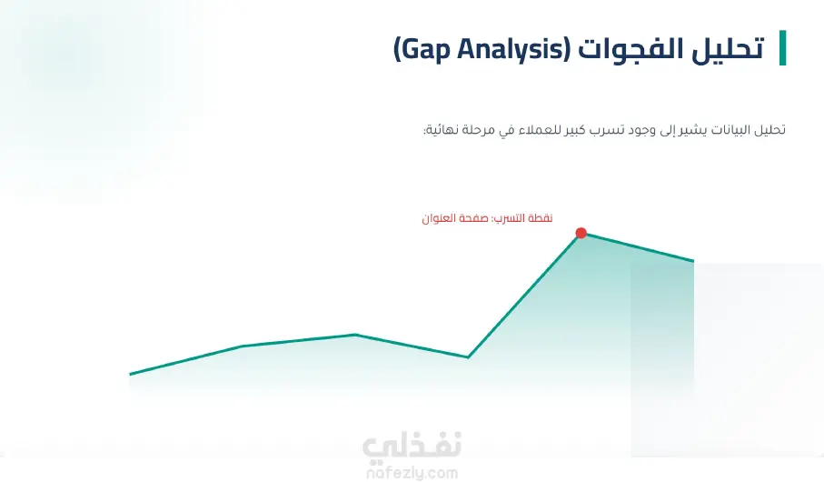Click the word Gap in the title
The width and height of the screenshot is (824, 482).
click(x=424, y=50)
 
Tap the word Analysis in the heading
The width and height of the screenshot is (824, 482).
click(x=511, y=49)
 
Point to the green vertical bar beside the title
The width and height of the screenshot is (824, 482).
click(x=782, y=48)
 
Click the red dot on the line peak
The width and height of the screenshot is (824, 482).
click(x=581, y=233)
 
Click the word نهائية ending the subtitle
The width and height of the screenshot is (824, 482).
click(x=441, y=129)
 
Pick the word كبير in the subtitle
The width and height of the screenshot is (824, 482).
click(x=574, y=129)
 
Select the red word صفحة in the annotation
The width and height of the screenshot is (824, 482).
click(x=473, y=218)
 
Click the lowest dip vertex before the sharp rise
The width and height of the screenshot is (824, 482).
click(x=468, y=357)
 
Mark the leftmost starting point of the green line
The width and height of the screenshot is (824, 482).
click(x=130, y=374)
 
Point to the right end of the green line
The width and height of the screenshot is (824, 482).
click(x=693, y=260)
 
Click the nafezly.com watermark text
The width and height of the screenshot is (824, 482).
click(x=412, y=473)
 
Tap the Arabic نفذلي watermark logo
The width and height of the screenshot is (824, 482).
click(x=412, y=447)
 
